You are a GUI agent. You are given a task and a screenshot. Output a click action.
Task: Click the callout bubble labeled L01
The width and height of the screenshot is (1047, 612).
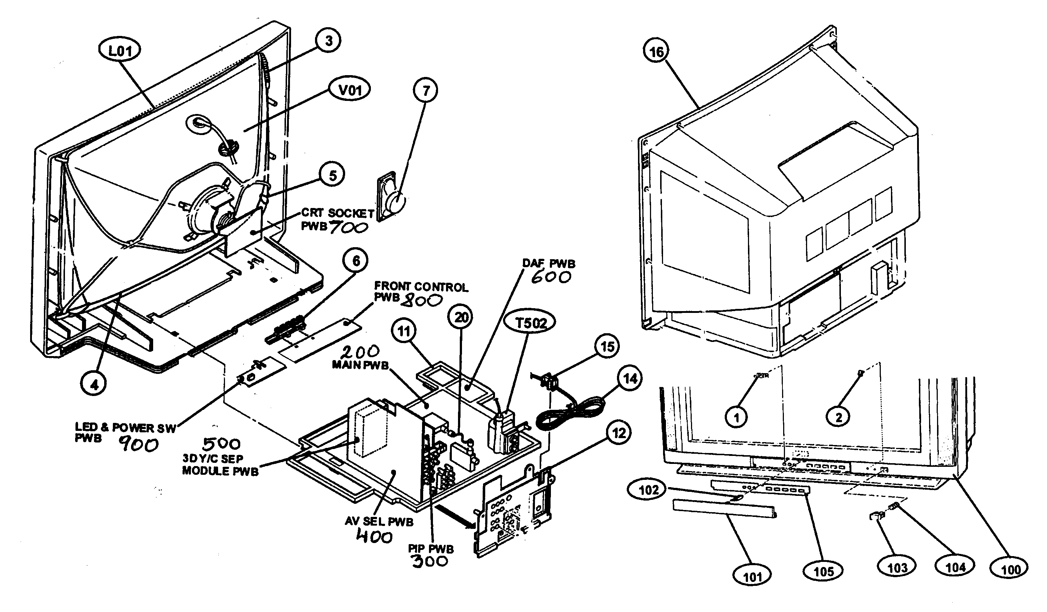click(x=120, y=51)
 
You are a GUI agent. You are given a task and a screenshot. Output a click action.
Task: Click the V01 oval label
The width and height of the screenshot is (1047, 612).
click(x=350, y=89)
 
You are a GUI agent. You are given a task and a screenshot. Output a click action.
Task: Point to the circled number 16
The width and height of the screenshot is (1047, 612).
click(x=657, y=52)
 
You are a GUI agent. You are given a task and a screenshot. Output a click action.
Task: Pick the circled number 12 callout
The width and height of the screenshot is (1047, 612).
click(x=619, y=433)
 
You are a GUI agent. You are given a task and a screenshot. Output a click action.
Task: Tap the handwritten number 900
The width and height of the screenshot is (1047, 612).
click(x=138, y=445)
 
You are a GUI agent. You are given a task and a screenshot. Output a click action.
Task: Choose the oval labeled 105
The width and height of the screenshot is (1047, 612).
click(x=823, y=572)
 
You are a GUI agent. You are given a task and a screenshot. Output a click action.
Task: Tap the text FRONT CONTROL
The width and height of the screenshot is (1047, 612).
click(x=421, y=287)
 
